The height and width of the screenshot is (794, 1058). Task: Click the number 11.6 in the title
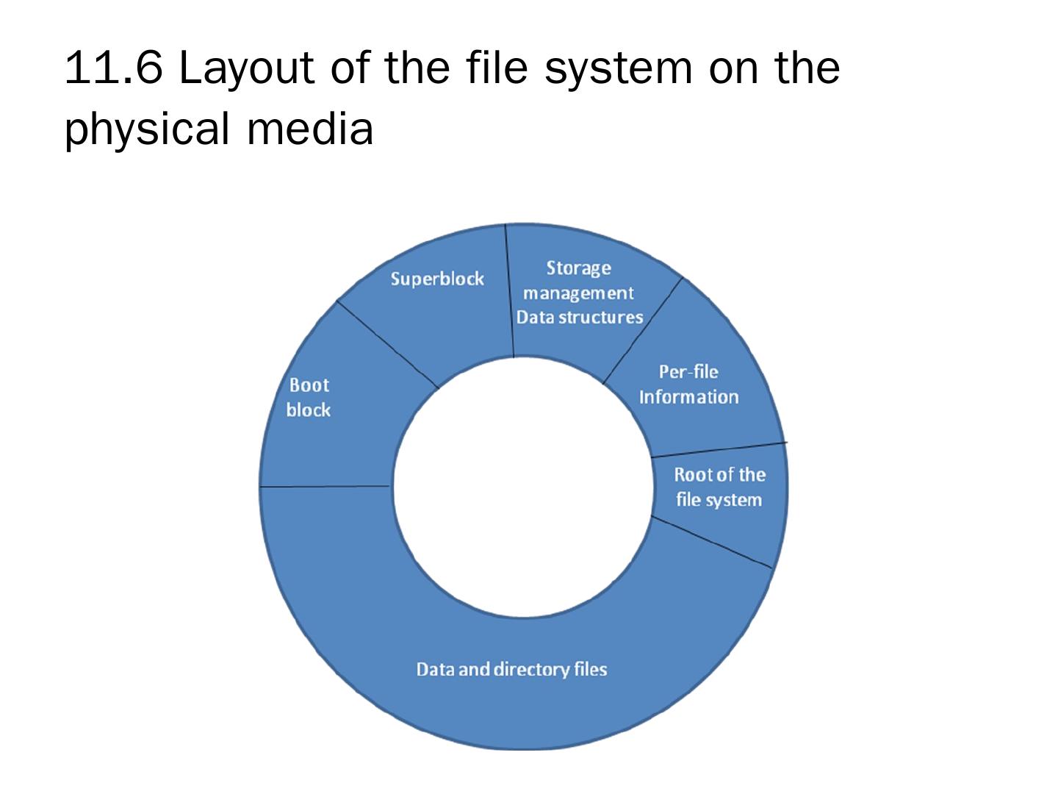pyautogui.click(x=112, y=68)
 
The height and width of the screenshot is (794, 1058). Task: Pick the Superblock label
pyautogui.click(x=437, y=279)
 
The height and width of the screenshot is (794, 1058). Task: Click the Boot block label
pyautogui.click(x=309, y=398)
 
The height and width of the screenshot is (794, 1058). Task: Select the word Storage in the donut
pyautogui.click(x=578, y=268)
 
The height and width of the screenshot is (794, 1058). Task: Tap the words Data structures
pyautogui.click(x=580, y=318)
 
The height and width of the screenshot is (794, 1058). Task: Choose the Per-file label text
pyautogui.click(x=688, y=372)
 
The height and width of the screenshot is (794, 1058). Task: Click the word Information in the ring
pyautogui.click(x=688, y=398)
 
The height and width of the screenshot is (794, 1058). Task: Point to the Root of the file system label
pyautogui.click(x=719, y=487)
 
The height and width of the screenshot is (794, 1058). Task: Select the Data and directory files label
pyautogui.click(x=511, y=670)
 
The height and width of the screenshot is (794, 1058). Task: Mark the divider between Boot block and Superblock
pyautogui.click(x=387, y=344)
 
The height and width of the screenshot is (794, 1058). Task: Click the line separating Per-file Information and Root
pyautogui.click(x=719, y=449)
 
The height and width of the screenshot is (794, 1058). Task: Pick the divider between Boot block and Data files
pyautogui.click(x=325, y=487)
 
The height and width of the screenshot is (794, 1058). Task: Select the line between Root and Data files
pyautogui.click(x=711, y=543)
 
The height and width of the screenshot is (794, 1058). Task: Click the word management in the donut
pyautogui.click(x=578, y=293)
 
